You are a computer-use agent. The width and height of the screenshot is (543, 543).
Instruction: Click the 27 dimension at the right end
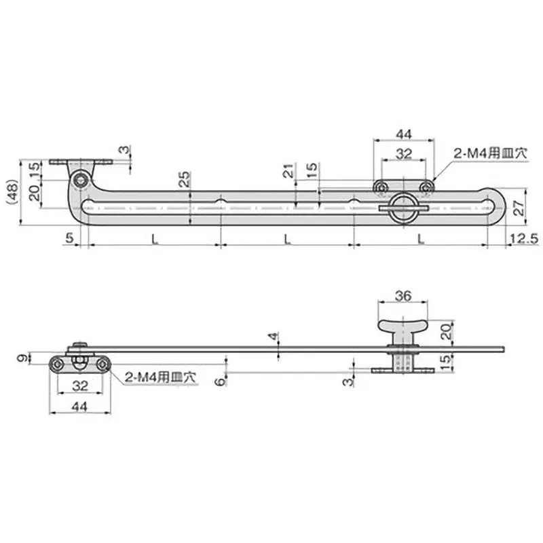tap(519, 208)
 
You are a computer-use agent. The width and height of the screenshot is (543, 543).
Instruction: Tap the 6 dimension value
tap(219, 382)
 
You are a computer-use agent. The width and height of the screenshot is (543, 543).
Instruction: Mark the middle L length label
tap(287, 239)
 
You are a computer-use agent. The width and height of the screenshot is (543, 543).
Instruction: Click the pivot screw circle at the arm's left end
tap(81, 179)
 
